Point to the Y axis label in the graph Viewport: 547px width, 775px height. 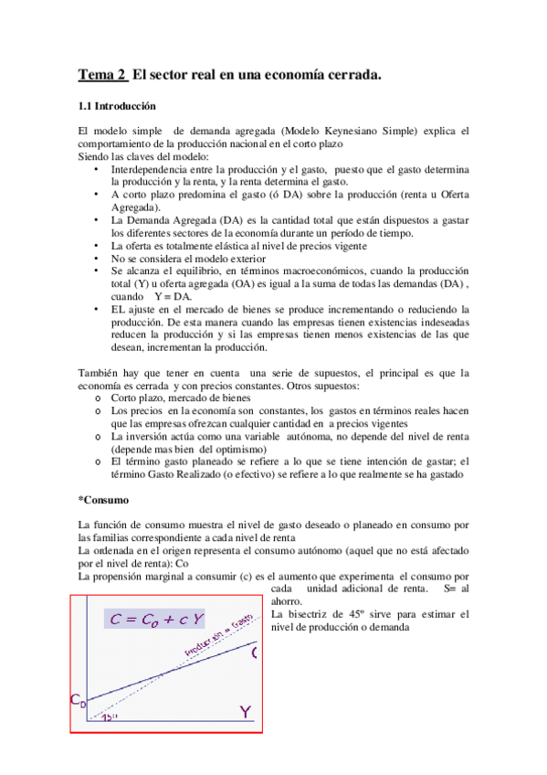pos(244,710)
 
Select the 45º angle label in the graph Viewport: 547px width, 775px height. pos(109,717)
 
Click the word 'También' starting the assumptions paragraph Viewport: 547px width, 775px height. pos(98,372)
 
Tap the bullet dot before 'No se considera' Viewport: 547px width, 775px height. pos(99,259)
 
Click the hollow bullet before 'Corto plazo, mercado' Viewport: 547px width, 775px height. pos(99,398)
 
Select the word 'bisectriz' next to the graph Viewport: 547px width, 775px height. pos(316,615)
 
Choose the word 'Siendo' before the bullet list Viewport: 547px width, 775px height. pos(95,157)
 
